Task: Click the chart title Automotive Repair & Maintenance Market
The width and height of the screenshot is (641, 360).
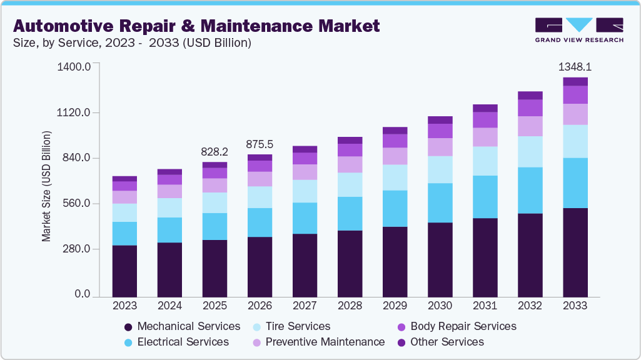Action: pyautogui.click(x=196, y=26)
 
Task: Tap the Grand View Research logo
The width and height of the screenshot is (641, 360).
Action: pyautogui.click(x=578, y=30)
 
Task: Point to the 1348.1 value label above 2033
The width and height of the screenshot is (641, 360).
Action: pyautogui.click(x=575, y=66)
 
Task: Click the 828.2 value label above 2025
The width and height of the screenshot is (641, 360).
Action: pyautogui.click(x=215, y=152)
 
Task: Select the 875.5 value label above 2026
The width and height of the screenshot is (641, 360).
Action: pyautogui.click(x=260, y=144)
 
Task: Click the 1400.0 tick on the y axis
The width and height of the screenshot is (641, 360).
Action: pyautogui.click(x=74, y=66)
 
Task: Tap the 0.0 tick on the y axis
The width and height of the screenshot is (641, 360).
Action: pyautogui.click(x=83, y=294)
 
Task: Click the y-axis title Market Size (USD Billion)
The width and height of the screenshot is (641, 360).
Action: pyautogui.click(x=46, y=186)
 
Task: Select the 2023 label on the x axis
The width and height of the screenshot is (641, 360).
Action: pyautogui.click(x=124, y=306)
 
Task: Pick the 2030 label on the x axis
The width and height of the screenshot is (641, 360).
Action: pyautogui.click(x=440, y=306)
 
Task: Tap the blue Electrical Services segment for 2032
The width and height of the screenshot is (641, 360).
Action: pyautogui.click(x=530, y=191)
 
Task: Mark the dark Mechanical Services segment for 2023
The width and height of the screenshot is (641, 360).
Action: pyautogui.click(x=124, y=271)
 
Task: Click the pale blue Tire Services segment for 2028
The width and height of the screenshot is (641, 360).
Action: pyautogui.click(x=350, y=185)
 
